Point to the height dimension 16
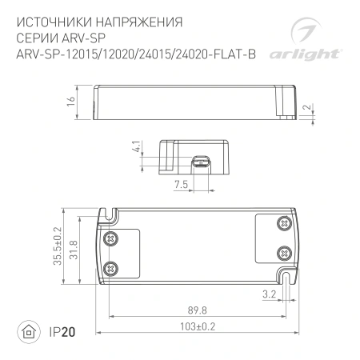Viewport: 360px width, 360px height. pos(70,102)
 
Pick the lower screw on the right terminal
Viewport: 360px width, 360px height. pos(283,252)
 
